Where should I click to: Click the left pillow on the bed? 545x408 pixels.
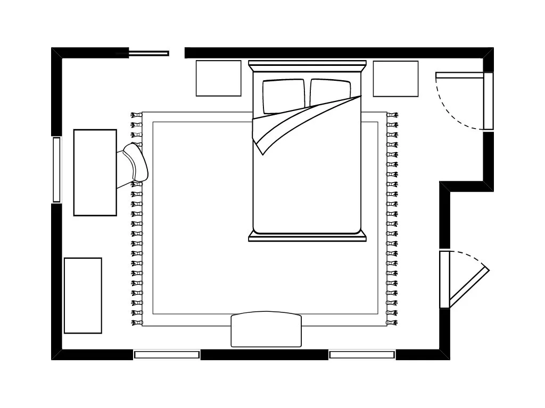pos(283,96)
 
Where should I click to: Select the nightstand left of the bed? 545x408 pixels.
pos(218,78)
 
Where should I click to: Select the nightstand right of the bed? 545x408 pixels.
pos(395,79)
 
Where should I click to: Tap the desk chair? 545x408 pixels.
pos(136,165)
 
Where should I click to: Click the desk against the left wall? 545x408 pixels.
pos(95,173)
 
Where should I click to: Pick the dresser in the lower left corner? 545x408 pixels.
pos(82,295)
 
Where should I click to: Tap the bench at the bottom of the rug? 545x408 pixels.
pos(266,330)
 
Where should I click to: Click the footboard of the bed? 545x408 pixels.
pos(308,237)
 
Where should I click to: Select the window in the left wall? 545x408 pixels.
pos(56,169)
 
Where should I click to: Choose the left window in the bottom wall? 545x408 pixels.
pos(167,354)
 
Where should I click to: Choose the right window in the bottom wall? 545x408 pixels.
pos(362,354)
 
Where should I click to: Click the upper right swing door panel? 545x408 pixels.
pos(488,101)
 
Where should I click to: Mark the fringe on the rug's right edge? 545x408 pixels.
pos(392,218)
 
